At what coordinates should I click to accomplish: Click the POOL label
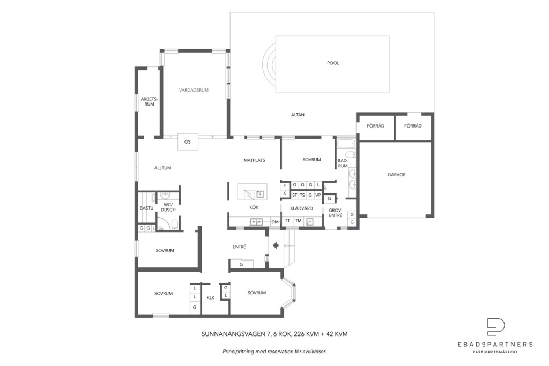[333, 63]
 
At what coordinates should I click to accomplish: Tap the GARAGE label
[396, 174]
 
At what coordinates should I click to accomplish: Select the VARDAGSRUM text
[194, 90]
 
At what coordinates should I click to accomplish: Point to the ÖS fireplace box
[188, 141]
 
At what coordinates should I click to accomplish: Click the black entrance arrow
[276, 245]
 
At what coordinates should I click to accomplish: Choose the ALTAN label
[298, 115]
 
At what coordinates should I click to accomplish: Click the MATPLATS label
[255, 160]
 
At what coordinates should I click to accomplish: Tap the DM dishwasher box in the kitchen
[275, 222]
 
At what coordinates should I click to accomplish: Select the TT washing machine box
[287, 221]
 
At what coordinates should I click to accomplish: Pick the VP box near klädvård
[318, 195]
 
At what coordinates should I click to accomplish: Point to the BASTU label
[147, 208]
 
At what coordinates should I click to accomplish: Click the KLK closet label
[210, 298]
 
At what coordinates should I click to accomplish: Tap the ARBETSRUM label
[149, 101]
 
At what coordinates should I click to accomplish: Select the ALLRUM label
[163, 168]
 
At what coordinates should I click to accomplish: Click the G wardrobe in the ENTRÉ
[241, 264]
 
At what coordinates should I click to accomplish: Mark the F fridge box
[285, 185]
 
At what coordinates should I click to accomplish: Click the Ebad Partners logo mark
[496, 327]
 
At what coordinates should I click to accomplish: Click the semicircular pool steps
[269, 64]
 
